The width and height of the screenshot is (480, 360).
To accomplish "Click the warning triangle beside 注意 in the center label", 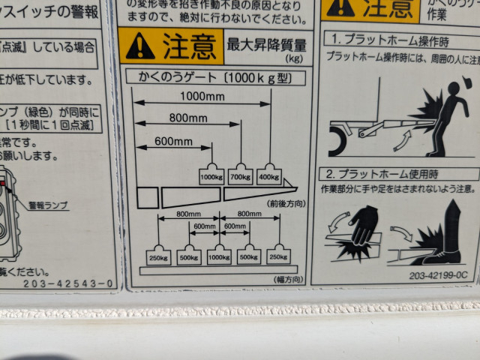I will point(140,46).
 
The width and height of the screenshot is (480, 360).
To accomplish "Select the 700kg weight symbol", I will point(241,175).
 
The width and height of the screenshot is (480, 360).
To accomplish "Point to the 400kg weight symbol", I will point(269,175).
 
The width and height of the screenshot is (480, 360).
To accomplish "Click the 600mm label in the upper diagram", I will point(174,141).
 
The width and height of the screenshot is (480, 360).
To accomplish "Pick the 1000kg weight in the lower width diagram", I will point(219,256).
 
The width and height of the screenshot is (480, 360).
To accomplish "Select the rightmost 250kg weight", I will point(278,256).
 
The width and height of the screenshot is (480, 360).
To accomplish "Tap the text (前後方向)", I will point(286,203).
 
